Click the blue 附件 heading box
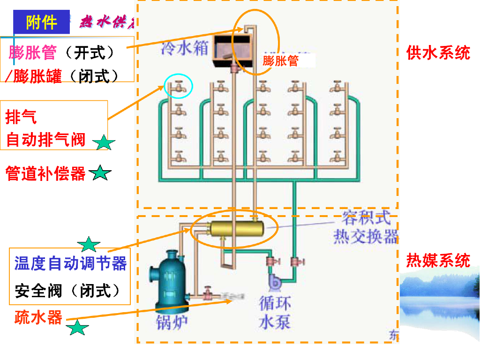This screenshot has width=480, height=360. click(41, 22)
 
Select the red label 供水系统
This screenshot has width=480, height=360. click(438, 52)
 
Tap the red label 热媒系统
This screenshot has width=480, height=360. click(438, 260)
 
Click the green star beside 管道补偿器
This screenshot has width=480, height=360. click(100, 174)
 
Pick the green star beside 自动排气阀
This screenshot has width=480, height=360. click(104, 142)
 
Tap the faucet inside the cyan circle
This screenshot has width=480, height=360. click(179, 87)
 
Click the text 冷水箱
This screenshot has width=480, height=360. click(184, 48)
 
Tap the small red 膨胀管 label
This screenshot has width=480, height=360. click(280, 60)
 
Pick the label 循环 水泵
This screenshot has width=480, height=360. click(275, 312)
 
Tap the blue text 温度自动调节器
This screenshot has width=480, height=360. click(71, 263)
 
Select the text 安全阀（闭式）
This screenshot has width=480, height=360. click(67, 291)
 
